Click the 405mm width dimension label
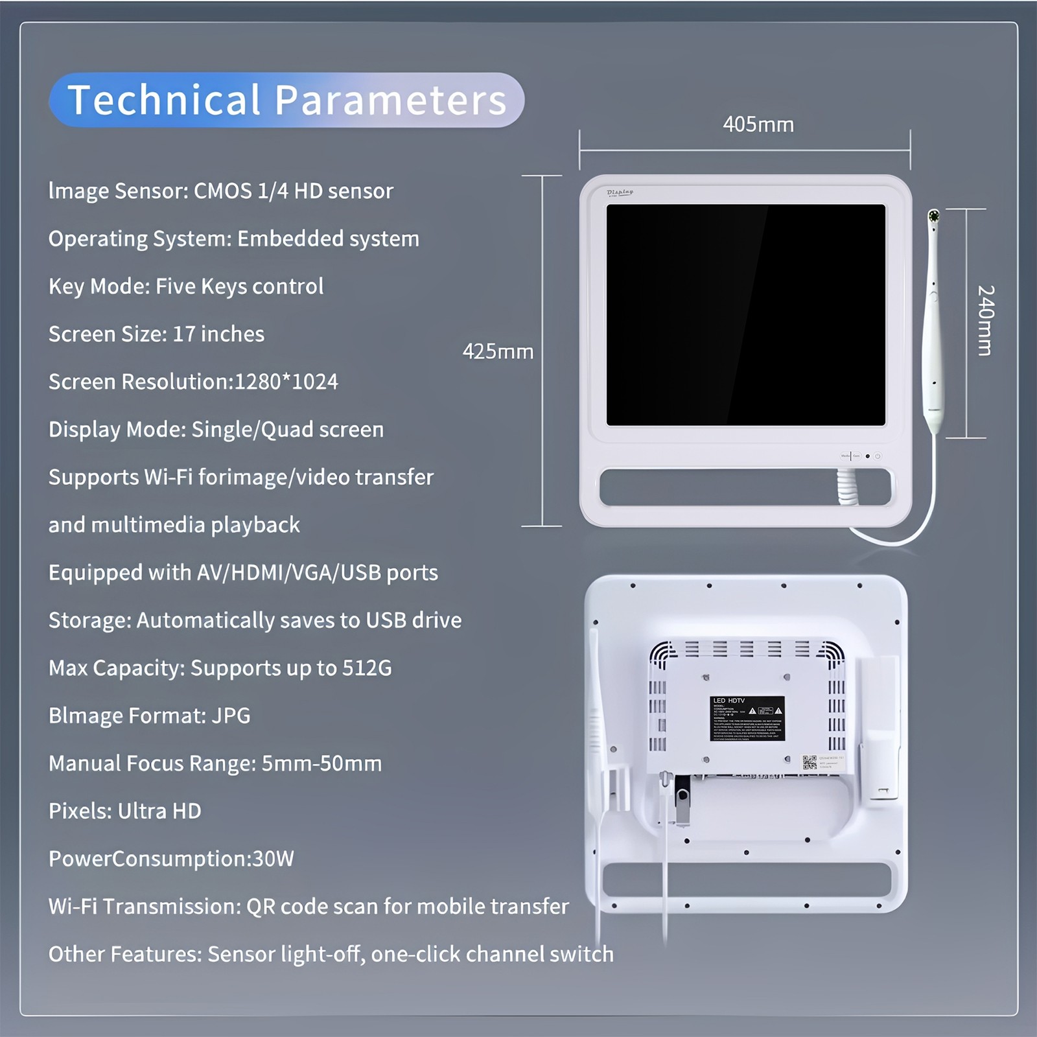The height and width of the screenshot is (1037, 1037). pyautogui.click(x=758, y=124)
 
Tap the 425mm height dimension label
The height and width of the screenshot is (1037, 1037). pyautogui.click(x=498, y=351)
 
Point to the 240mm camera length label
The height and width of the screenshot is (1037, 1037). pyautogui.click(x=985, y=320)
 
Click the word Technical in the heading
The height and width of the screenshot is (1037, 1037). pyautogui.click(x=164, y=100)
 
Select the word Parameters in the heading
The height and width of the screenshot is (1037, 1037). pyautogui.click(x=390, y=100)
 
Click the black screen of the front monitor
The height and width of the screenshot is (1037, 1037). pyautogui.click(x=745, y=315)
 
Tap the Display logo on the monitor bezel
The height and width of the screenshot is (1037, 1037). pyautogui.click(x=620, y=192)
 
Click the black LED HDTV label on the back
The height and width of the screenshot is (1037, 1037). pyautogui.click(x=747, y=718)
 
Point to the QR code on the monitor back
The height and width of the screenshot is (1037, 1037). pyautogui.click(x=810, y=762)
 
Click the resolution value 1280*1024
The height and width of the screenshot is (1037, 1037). pyautogui.click(x=286, y=382)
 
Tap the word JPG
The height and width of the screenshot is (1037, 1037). pyautogui.click(x=231, y=716)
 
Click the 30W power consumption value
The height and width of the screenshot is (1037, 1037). pyautogui.click(x=273, y=859)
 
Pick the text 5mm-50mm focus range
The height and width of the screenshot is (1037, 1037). pyautogui.click(x=321, y=763)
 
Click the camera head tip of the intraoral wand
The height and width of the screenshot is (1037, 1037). pyautogui.click(x=933, y=216)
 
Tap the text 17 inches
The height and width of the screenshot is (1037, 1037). pyautogui.click(x=218, y=334)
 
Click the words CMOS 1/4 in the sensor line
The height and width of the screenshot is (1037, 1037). pyautogui.click(x=240, y=191)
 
